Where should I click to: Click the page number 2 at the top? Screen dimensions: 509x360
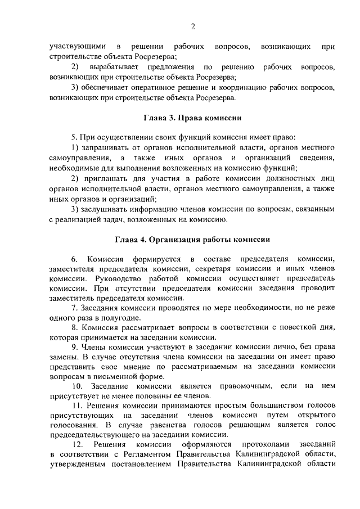point(193,26)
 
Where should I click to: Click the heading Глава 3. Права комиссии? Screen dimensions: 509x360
point(193,119)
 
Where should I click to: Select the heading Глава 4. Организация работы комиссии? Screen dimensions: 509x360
point(193,239)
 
